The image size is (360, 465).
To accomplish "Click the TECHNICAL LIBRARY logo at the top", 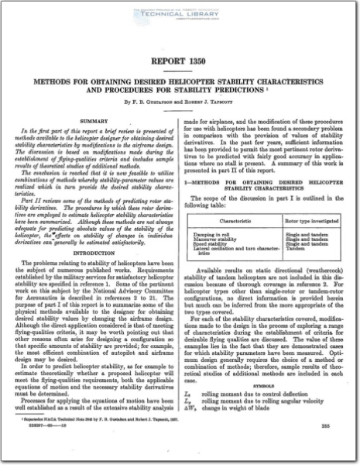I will [x=180, y=15].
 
